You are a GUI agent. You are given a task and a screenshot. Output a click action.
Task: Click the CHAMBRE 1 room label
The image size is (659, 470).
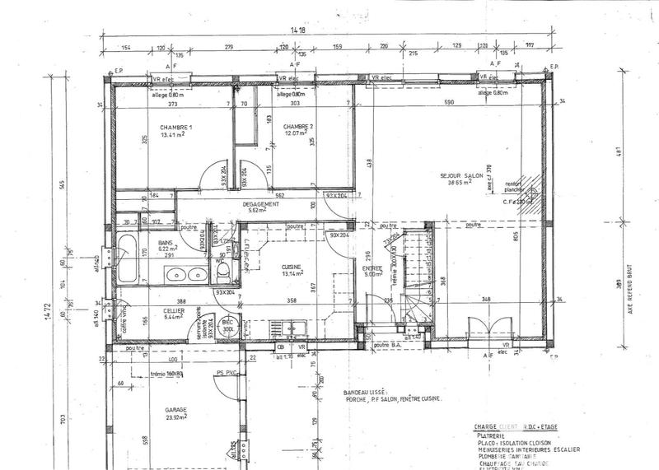pyautogui.click(x=175, y=128)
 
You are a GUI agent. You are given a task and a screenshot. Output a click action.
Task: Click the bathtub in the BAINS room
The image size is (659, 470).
pyautogui.click(x=126, y=257)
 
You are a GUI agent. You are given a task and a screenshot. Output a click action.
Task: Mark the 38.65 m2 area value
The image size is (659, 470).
pyautogui.click(x=460, y=184)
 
